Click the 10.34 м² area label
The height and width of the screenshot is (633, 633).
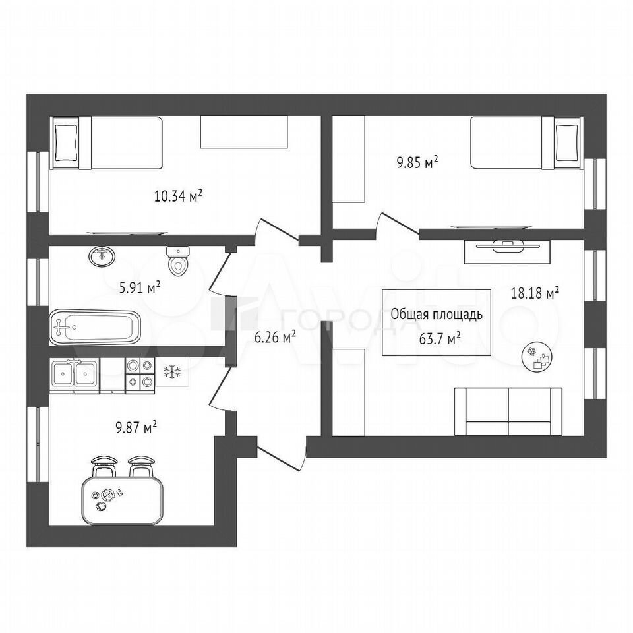(x=178, y=196)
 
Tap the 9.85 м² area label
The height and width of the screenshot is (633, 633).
(x=417, y=162)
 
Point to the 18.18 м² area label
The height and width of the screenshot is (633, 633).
(x=535, y=293)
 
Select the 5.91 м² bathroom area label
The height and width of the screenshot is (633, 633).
(x=140, y=288)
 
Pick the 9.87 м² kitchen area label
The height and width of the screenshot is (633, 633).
(x=136, y=427)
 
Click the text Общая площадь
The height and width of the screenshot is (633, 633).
(x=437, y=314)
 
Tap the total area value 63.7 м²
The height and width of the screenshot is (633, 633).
(x=440, y=338)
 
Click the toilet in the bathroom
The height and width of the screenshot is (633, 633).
(x=178, y=260)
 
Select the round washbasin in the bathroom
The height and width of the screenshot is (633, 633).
(x=102, y=256)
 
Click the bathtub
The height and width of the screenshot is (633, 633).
(x=95, y=328)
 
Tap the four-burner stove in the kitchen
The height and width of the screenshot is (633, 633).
(x=140, y=375)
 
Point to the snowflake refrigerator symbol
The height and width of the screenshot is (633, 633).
(x=172, y=372)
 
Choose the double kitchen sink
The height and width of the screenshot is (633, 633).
(x=75, y=375)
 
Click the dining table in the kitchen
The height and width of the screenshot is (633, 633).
(x=123, y=500)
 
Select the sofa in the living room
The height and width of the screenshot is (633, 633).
(x=508, y=411)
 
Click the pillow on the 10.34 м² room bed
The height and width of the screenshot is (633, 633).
(x=65, y=142)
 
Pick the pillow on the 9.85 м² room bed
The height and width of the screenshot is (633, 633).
(x=567, y=142)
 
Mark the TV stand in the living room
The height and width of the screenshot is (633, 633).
(x=508, y=251)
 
